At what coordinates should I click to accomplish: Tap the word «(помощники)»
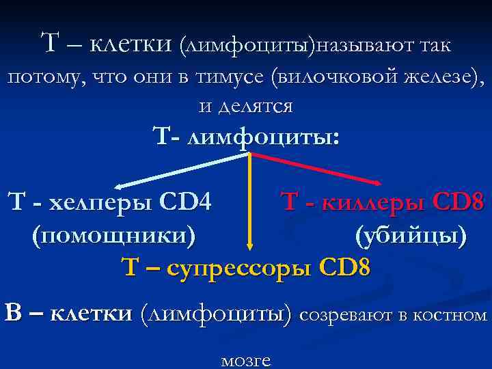[x=113, y=235]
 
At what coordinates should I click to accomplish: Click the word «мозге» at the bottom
[x=246, y=360]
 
